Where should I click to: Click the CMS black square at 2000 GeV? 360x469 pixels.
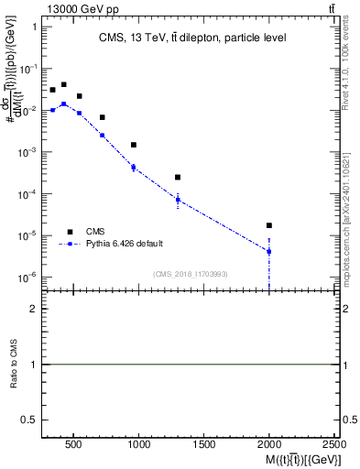(269, 225)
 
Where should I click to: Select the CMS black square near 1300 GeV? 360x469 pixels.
(178, 177)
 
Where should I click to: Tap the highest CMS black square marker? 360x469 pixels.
(63, 84)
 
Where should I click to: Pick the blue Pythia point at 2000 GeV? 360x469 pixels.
(269, 251)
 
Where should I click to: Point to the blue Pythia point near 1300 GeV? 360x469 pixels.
(178, 200)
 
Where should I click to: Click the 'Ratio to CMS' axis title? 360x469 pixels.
(14, 365)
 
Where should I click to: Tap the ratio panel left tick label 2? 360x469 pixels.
(33, 309)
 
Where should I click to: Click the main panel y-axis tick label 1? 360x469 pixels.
(33, 27)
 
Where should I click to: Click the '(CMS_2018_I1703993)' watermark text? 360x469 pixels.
(190, 274)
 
